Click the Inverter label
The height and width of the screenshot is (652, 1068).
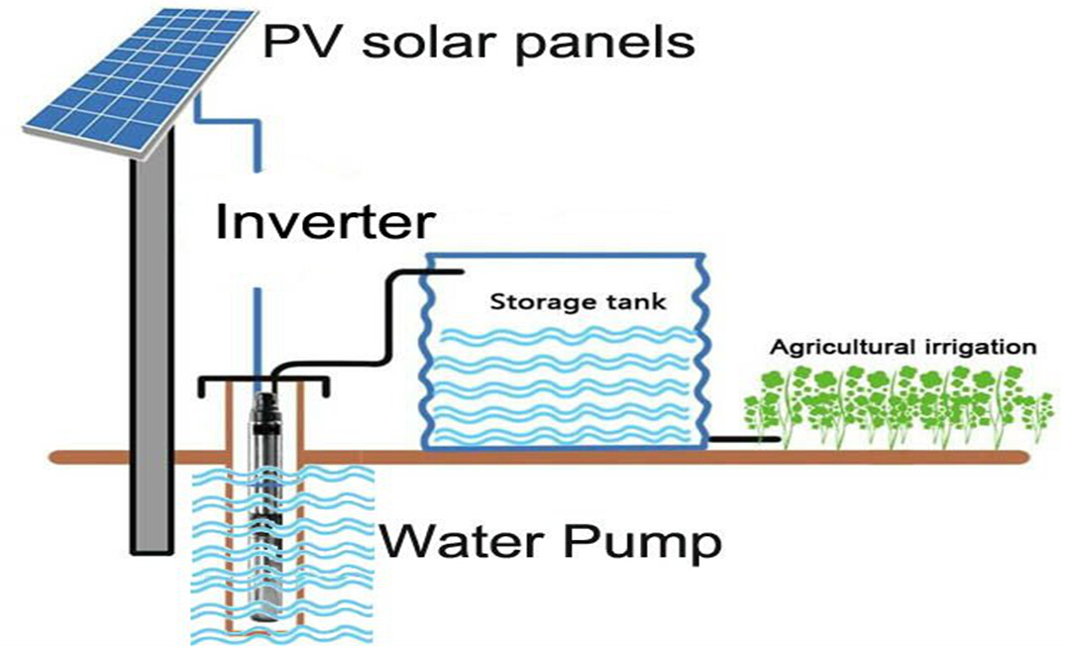coord(324,223)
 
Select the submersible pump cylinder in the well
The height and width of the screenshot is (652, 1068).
coord(267,495)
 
